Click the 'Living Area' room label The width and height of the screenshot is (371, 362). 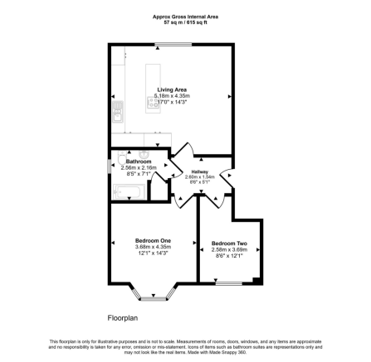[x=172, y=89]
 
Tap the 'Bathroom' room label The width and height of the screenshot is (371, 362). [x=127, y=162]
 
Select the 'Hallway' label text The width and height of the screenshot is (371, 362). [x=200, y=171]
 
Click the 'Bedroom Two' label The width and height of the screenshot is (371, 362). [x=229, y=244]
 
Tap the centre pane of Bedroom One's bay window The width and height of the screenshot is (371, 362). [x=152, y=297]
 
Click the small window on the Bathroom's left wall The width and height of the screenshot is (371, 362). [x=110, y=168]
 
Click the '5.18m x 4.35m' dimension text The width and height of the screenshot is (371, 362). [x=172, y=96]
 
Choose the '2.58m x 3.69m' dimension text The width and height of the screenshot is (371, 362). [x=229, y=249]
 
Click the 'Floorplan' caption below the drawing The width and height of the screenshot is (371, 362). [x=122, y=317]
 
